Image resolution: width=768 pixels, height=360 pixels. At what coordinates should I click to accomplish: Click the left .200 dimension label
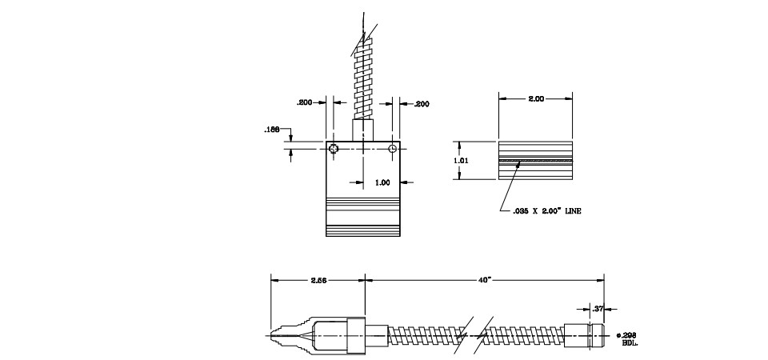coord(305,103)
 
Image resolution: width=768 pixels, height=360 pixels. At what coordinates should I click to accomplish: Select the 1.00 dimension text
coord(382,182)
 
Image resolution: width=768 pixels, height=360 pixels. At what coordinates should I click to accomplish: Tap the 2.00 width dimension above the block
coord(535,98)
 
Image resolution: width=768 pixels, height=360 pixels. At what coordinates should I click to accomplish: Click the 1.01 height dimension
coord(461,160)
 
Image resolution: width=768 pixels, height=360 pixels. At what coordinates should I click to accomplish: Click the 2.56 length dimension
coord(318,280)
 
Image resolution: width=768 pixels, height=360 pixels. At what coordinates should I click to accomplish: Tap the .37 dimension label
coord(597,307)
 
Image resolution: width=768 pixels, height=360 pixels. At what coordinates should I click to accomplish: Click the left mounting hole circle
coord(334,149)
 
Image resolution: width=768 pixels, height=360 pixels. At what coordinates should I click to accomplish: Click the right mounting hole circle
coord(393,149)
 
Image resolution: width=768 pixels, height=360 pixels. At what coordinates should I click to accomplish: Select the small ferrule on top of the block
coord(363,130)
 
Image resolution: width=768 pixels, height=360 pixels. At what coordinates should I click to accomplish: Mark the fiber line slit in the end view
coord(535,161)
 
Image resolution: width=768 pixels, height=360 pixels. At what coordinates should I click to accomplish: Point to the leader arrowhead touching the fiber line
coord(521,165)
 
